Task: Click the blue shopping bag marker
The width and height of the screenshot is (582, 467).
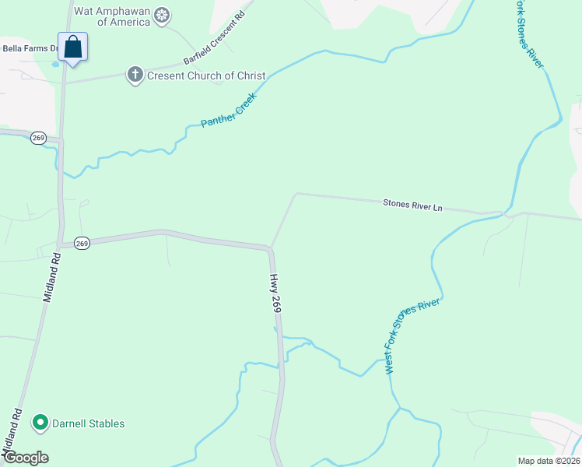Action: coord(72,47)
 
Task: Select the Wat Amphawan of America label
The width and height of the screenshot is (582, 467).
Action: coord(113,15)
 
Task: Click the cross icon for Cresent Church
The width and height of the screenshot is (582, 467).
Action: coord(135,75)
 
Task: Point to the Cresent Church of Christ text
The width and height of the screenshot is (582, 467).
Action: coord(207,76)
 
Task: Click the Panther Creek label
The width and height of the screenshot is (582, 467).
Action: coord(229,111)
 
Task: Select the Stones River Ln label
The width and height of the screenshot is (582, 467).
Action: coord(412,206)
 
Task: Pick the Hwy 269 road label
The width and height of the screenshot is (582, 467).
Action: coord(275,293)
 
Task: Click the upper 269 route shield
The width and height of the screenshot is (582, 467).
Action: coord(38,138)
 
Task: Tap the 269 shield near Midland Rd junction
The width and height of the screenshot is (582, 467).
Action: coord(82,244)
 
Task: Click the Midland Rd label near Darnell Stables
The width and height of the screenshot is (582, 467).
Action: coord(12,432)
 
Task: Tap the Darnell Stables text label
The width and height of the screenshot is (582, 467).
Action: coord(88,424)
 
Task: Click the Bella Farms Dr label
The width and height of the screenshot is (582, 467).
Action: coord(30,48)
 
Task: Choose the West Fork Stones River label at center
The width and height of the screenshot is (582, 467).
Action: coord(413,336)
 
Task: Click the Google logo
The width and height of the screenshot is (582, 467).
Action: coord(26,458)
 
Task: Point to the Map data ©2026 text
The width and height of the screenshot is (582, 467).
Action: coord(548,460)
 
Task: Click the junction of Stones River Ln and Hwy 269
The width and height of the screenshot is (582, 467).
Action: coord(270,248)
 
